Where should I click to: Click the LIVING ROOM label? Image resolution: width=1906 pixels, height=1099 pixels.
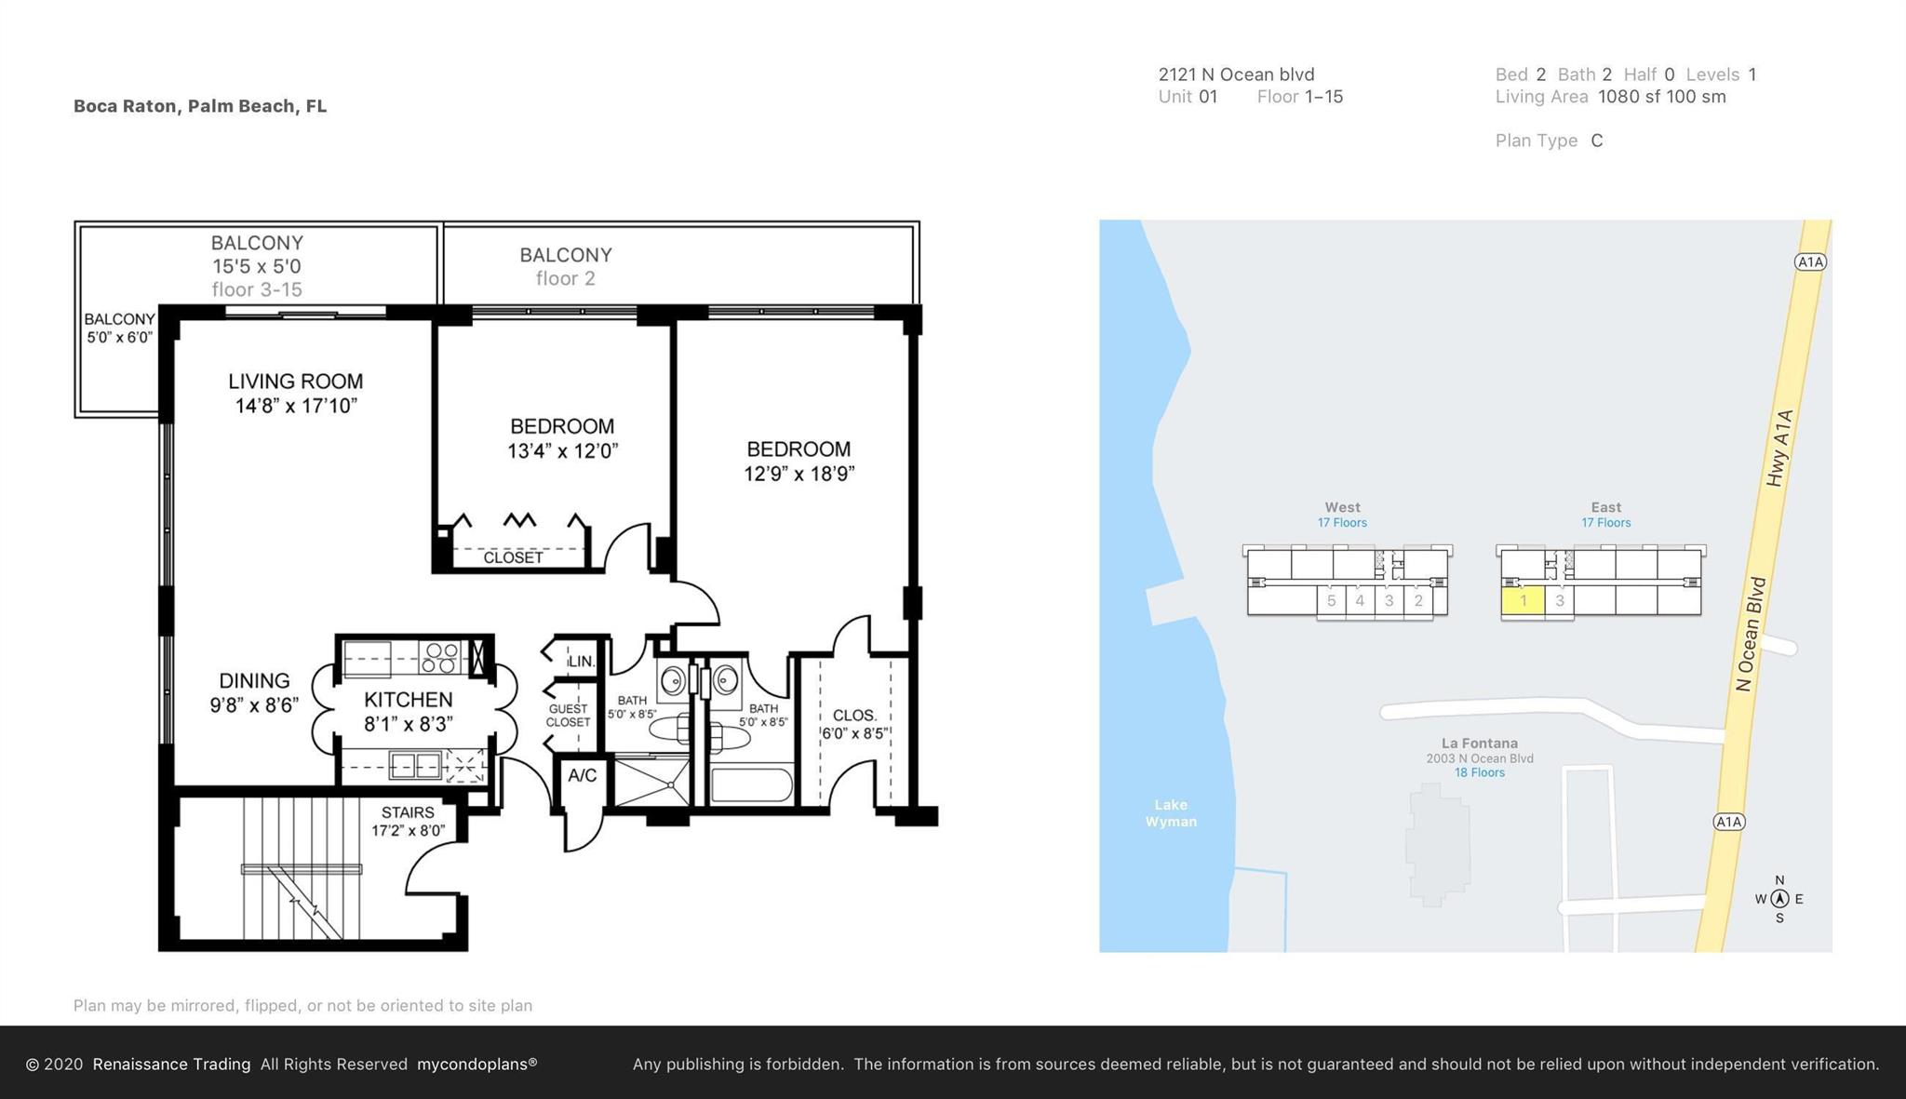[296, 382]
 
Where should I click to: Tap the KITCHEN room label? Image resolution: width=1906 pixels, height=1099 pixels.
[409, 700]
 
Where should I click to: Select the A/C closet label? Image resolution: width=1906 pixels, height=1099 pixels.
[583, 775]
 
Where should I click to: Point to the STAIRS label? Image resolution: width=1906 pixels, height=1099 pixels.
[408, 812]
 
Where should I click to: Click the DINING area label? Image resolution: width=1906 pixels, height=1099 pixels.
[254, 681]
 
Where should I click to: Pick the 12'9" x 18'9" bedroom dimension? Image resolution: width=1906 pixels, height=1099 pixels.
[799, 474]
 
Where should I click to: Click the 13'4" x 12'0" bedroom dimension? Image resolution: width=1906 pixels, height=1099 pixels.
[563, 451]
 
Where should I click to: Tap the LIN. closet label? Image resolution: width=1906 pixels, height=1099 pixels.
[582, 662]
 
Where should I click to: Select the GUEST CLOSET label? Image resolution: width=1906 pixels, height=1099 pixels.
[568, 716]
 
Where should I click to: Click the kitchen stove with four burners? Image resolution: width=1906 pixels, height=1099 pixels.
[440, 658]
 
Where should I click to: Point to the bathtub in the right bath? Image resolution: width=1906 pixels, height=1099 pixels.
[751, 784]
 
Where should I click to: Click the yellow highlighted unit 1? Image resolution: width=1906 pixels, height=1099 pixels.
[1523, 600]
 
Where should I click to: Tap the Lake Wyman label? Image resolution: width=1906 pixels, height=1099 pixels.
[1171, 813]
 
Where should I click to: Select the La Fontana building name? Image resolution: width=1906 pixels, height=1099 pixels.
[1480, 743]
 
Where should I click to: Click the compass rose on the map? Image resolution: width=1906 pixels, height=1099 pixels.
[1779, 899]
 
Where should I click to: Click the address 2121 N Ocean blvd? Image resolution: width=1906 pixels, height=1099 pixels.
[1236, 74]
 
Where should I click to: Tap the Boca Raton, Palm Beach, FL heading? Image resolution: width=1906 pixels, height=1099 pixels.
[200, 106]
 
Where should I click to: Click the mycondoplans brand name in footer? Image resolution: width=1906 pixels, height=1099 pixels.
[476, 1064]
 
